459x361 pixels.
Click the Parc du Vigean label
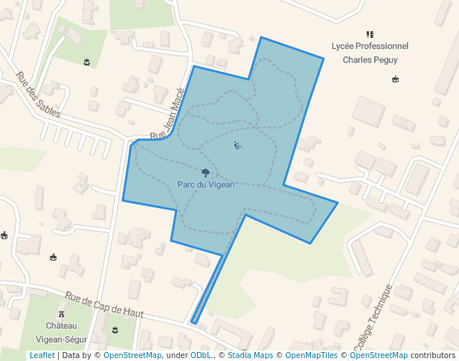[206, 184]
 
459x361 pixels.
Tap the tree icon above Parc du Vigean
[206, 173]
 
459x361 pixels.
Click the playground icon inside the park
[237, 146]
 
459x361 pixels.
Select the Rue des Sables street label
[38, 94]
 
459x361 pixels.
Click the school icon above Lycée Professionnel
[370, 34]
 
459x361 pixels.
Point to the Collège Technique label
[372, 318]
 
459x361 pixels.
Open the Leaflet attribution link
[42, 356]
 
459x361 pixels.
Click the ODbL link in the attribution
[200, 356]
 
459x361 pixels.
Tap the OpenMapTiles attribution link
[309, 356]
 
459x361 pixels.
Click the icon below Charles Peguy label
[395, 79]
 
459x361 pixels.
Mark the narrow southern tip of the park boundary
[194, 322]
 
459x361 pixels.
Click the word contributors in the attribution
[432, 356]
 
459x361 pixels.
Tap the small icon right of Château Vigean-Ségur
[115, 328]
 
